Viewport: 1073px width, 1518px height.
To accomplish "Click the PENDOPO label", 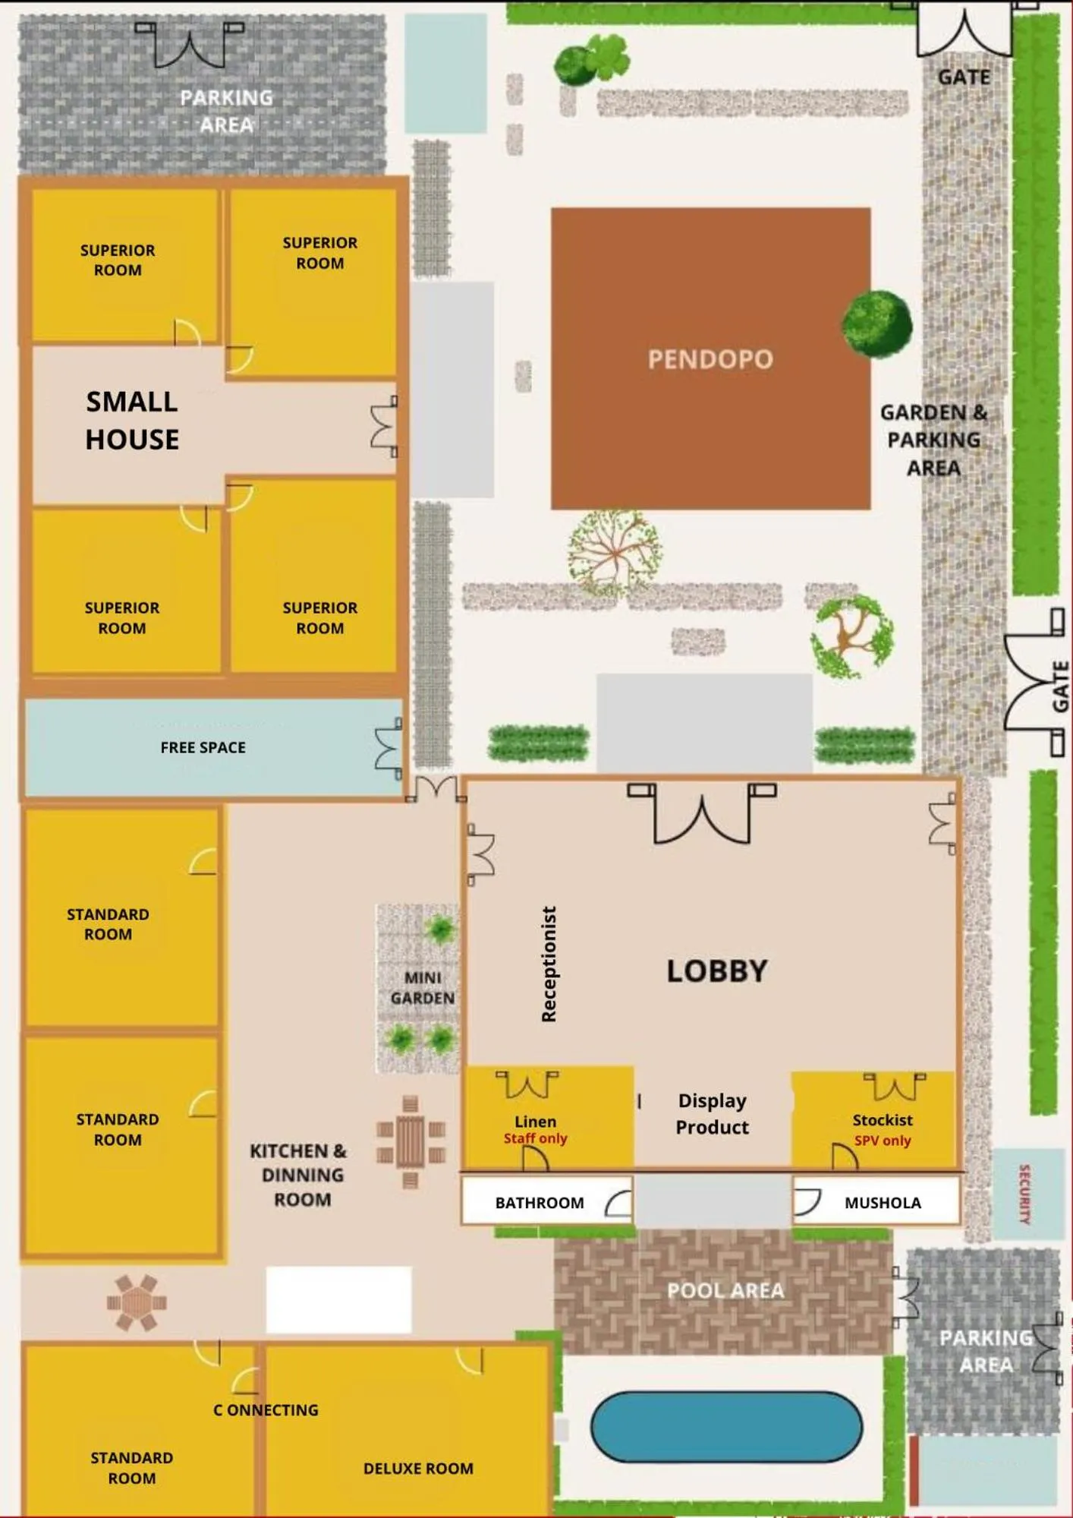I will (710, 359).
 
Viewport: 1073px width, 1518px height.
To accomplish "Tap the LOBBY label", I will (717, 971).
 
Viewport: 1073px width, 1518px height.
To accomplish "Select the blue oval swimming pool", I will (726, 1426).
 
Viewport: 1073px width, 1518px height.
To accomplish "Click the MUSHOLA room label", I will (883, 1203).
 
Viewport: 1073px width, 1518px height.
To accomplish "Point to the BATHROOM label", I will (540, 1203).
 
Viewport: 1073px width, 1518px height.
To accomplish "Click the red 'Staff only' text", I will (535, 1138).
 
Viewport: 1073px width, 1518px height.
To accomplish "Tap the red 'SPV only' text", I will (883, 1141).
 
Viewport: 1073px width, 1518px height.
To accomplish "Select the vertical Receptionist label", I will (549, 964).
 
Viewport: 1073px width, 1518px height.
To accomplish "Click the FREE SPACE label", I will (203, 748).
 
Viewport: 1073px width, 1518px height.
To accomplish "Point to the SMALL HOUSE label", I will (132, 421).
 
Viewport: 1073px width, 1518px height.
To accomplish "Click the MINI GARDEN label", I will (422, 988).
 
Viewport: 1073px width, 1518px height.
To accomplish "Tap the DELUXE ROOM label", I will (418, 1469).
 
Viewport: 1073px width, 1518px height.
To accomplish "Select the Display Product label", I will (712, 1114).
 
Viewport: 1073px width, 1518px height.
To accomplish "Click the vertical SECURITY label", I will (1024, 1195).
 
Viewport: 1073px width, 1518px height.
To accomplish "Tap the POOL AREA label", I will (725, 1290).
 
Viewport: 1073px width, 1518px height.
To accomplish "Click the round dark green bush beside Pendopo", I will (877, 324).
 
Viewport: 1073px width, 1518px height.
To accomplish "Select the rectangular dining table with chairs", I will (411, 1142).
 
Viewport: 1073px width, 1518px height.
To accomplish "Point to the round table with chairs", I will (137, 1303).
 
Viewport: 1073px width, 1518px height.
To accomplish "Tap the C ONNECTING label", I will (266, 1410).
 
